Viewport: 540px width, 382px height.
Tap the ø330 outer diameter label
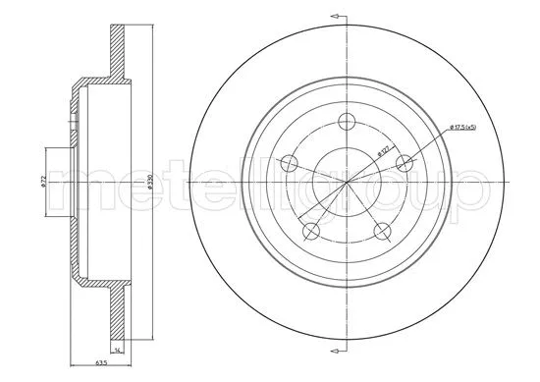click(149, 183)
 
